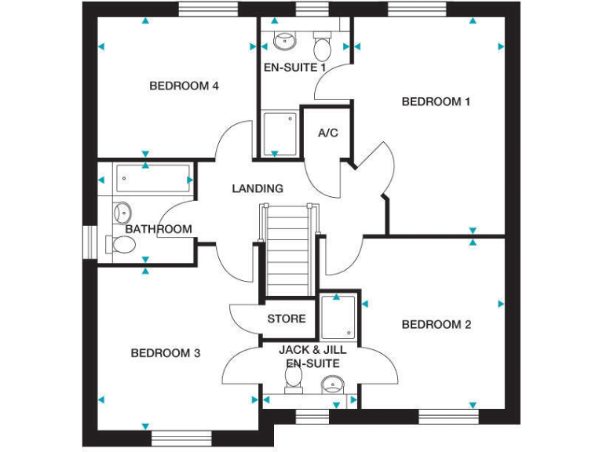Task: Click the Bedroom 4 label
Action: (x=184, y=86)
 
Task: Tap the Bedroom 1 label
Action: (x=436, y=101)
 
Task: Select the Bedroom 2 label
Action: (x=436, y=324)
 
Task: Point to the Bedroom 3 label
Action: (x=165, y=353)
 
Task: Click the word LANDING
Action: (x=258, y=188)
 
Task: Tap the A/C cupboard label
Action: (x=328, y=133)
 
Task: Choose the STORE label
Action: (x=287, y=319)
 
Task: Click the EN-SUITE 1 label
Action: (x=294, y=67)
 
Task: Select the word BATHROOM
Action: (x=159, y=229)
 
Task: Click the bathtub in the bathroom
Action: (x=152, y=179)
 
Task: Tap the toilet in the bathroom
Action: (x=122, y=246)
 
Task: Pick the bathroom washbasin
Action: (x=122, y=211)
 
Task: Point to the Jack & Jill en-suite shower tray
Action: (x=338, y=318)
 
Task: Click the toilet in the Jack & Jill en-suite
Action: (x=294, y=378)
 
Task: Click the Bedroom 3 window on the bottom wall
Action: (x=177, y=437)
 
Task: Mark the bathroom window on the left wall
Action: (x=89, y=240)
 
